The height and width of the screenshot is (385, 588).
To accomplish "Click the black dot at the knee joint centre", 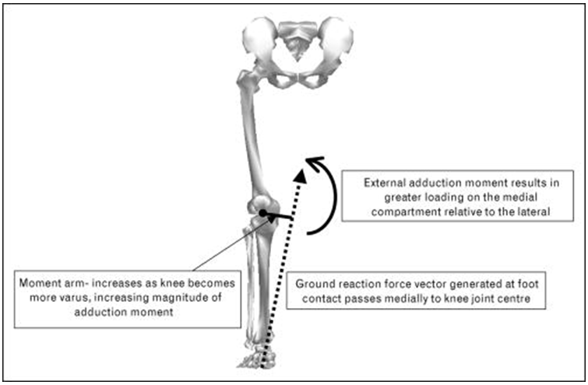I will [x=264, y=212].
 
